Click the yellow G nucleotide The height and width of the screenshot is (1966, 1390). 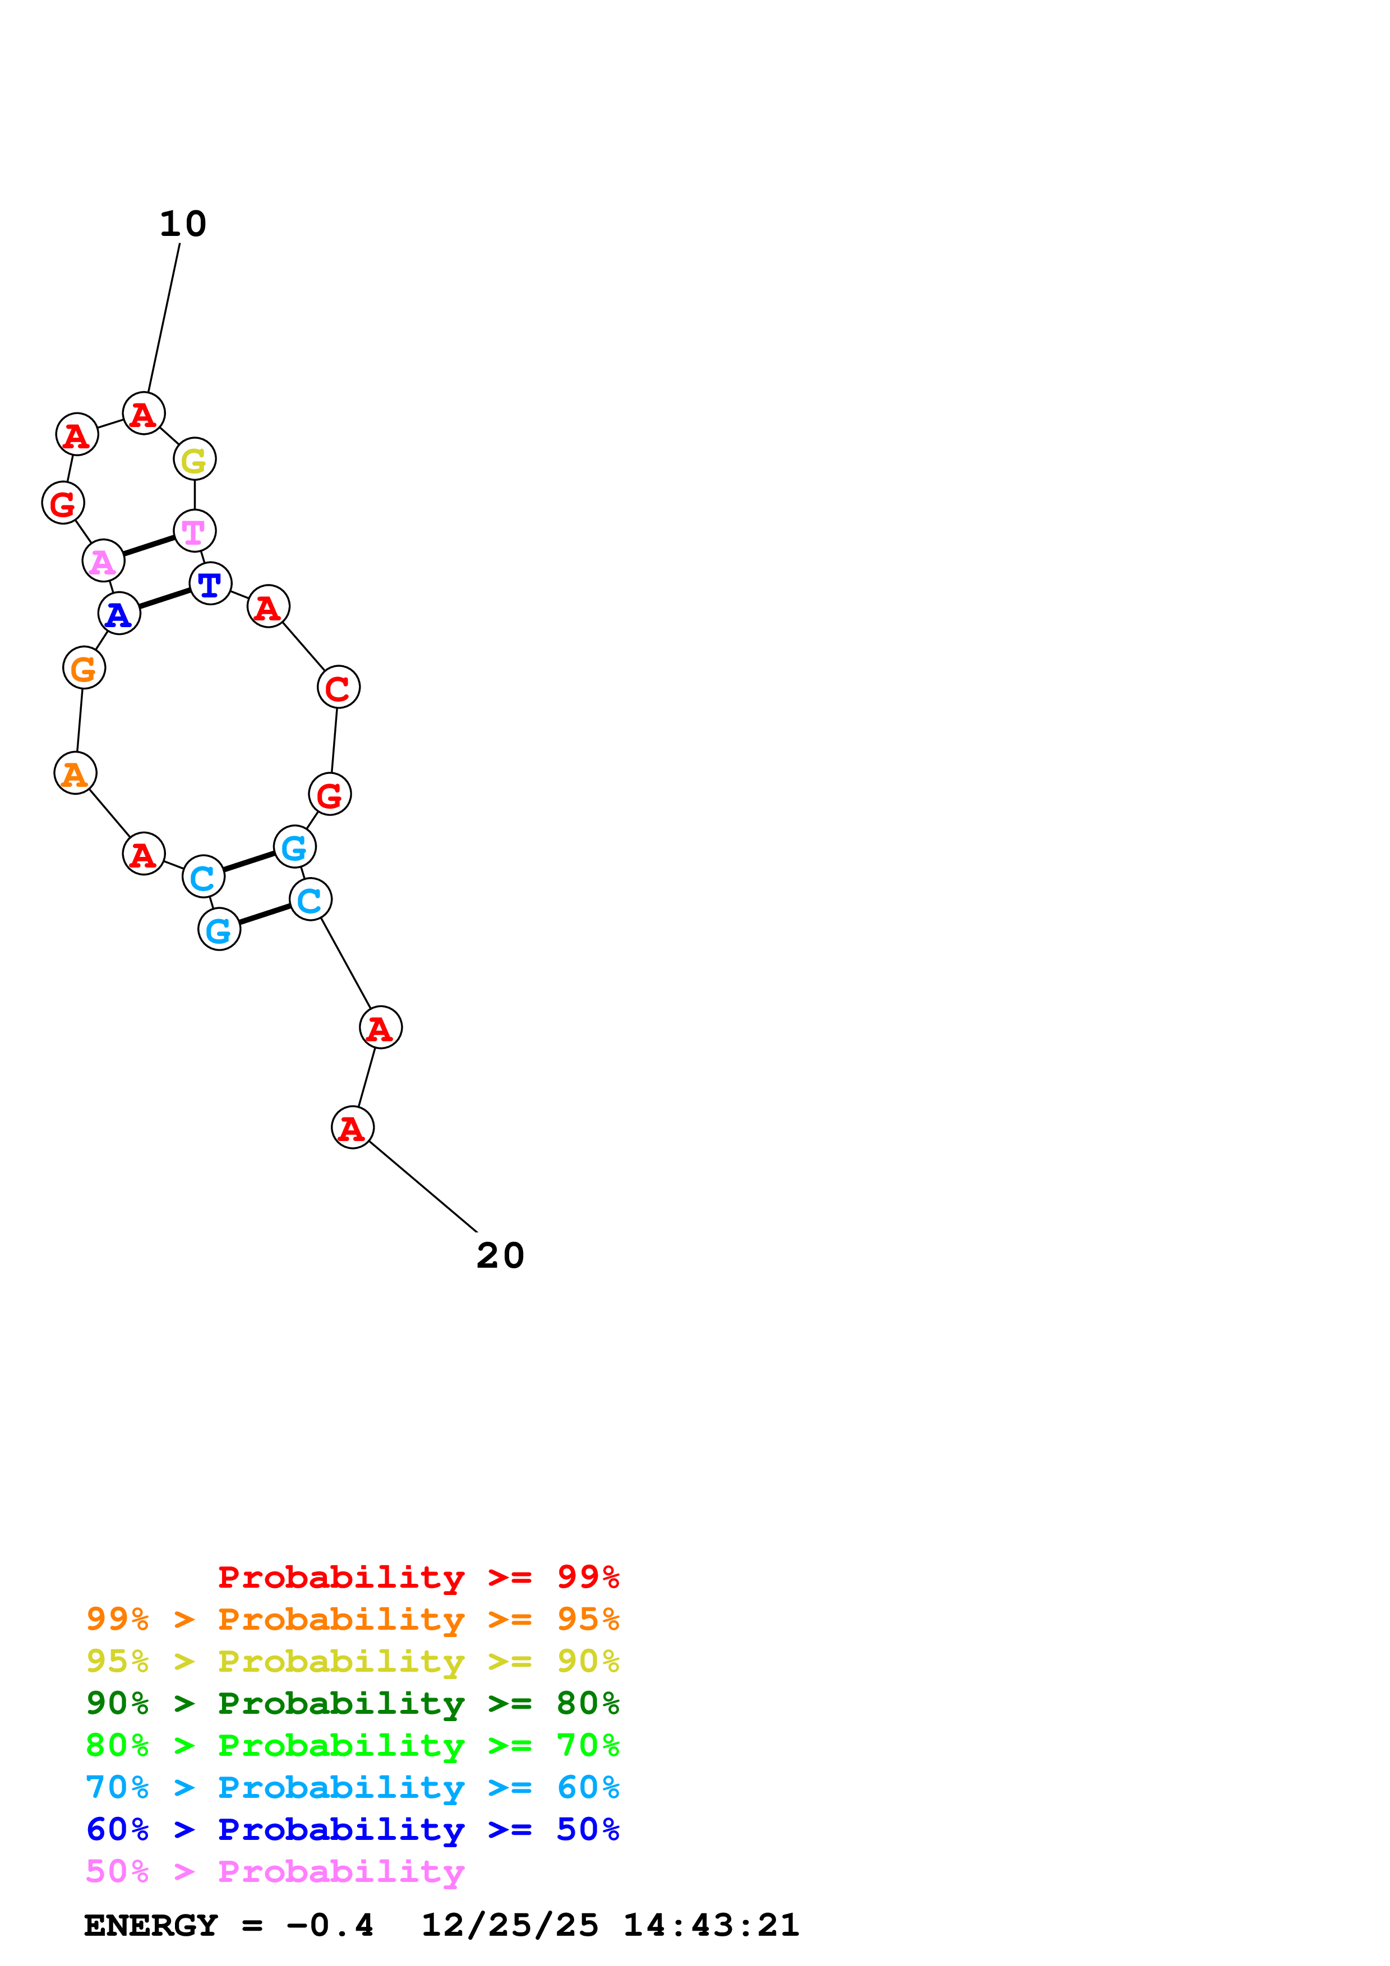(195, 460)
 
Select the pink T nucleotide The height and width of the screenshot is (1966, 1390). (195, 531)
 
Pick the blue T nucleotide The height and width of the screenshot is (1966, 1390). (210, 584)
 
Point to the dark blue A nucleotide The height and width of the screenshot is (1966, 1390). (119, 614)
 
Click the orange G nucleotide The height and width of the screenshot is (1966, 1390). (84, 668)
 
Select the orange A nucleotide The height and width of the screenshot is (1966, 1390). (75, 773)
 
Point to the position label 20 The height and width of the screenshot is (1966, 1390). (500, 1256)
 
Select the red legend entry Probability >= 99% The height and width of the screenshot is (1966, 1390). (418, 1577)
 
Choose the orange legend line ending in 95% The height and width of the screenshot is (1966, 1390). (352, 1619)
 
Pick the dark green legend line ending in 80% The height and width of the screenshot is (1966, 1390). (352, 1703)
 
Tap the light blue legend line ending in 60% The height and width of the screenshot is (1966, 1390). (352, 1787)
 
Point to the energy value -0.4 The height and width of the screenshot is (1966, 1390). (330, 1926)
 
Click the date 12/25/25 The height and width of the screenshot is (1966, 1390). (510, 1926)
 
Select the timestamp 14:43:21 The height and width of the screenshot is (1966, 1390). (711, 1926)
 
